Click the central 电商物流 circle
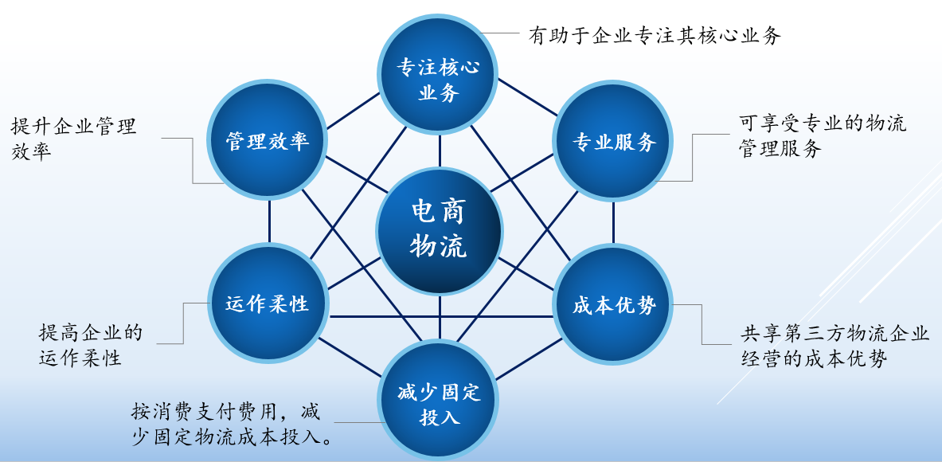440,231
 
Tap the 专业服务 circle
613,142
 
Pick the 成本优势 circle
613,305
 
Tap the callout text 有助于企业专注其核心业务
655,35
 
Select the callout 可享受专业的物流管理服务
823,136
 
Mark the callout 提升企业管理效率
73,138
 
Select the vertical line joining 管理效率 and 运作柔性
269,221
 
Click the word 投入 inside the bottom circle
440,417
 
